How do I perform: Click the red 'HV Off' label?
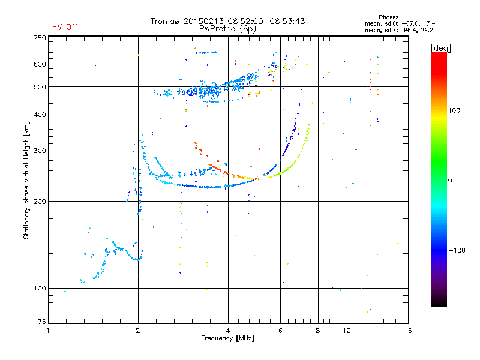pyautogui.click(x=65, y=27)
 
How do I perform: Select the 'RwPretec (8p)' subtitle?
pyautogui.click(x=227, y=29)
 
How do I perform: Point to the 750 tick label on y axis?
pyautogui.click(x=40, y=38)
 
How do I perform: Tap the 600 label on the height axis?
pyautogui.click(x=40, y=64)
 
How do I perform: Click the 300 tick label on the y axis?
pyautogui.click(x=40, y=151)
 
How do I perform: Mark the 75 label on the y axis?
pyautogui.click(x=42, y=322)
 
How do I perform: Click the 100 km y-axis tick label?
pyautogui.click(x=40, y=289)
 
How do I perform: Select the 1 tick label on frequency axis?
pyautogui.click(x=48, y=331)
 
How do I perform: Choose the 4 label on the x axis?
pyautogui.click(x=228, y=331)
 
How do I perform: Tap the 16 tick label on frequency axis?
pyautogui.click(x=408, y=331)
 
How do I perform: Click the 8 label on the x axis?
pyautogui.click(x=318, y=331)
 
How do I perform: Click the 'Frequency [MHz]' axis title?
pyautogui.click(x=227, y=338)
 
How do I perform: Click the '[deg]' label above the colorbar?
pyautogui.click(x=441, y=48)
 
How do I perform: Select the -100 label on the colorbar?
pyautogui.click(x=457, y=250)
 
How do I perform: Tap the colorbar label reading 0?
pyautogui.click(x=450, y=181)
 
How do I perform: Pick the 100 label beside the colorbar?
pyautogui.click(x=454, y=110)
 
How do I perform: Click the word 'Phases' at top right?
pyautogui.click(x=388, y=17)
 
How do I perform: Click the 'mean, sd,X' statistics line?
pyautogui.click(x=399, y=31)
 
